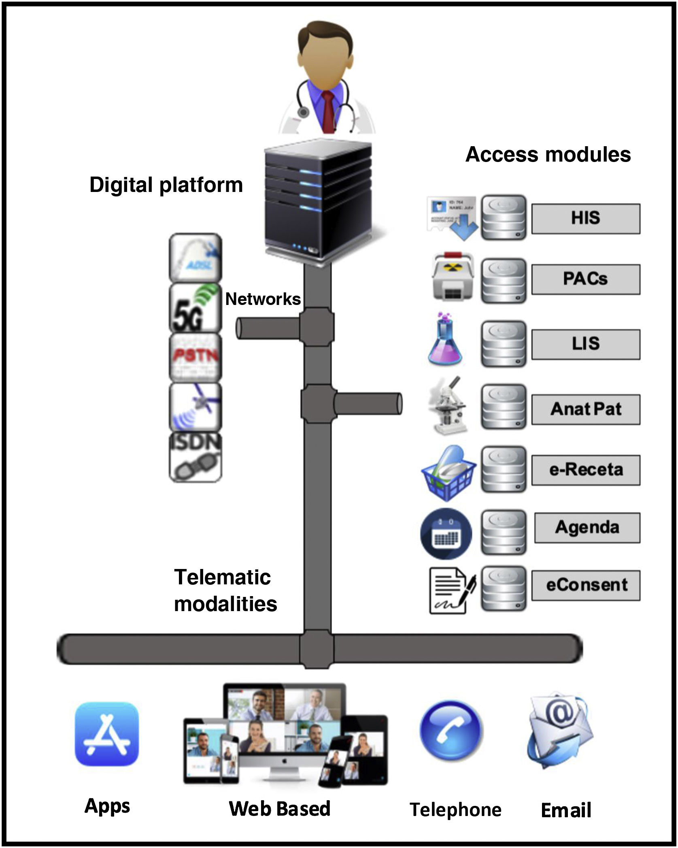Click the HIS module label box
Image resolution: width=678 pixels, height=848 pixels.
coord(585,219)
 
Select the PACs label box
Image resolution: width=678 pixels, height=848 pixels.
coord(585,279)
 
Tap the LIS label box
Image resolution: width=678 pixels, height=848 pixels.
coord(585,344)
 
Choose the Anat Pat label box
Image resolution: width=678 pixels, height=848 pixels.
coord(585,409)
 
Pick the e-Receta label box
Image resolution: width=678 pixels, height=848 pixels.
coord(585,470)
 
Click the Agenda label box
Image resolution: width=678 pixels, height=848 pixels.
coord(587,528)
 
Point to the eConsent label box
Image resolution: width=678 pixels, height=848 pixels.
coord(585,585)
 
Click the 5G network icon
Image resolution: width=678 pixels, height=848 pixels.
coord(195,308)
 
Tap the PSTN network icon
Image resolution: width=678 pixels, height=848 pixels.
coord(195,358)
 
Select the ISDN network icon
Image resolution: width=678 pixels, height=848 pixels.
coord(195,458)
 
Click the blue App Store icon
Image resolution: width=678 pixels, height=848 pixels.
coord(107,734)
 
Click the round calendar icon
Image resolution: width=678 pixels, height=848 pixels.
coord(446,534)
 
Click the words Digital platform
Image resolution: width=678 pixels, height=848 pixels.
coord(166,185)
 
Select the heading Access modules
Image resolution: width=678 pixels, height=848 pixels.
coord(548,155)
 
